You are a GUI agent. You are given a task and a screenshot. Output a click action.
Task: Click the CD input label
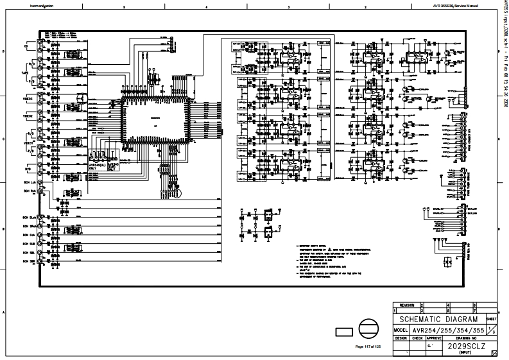(26, 47)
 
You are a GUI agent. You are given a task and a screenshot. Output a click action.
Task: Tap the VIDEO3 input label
(28, 99)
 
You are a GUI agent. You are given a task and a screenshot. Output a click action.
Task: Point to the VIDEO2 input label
(28, 117)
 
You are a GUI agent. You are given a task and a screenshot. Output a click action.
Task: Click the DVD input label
(28, 169)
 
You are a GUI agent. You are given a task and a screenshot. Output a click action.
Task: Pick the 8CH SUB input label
(29, 244)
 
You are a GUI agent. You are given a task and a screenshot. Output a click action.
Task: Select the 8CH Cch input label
(29, 235)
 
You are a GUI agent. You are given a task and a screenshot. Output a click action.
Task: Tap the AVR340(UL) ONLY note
(98, 166)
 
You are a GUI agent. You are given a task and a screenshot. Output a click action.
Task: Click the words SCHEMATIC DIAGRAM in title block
(439, 319)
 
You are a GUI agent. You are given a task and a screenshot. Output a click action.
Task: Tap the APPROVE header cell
(434, 337)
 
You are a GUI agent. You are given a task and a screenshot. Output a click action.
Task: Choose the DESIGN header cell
(401, 337)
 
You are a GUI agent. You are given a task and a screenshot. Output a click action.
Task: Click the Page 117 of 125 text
(368, 347)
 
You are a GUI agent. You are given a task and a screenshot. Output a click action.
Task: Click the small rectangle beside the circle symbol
(344, 331)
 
